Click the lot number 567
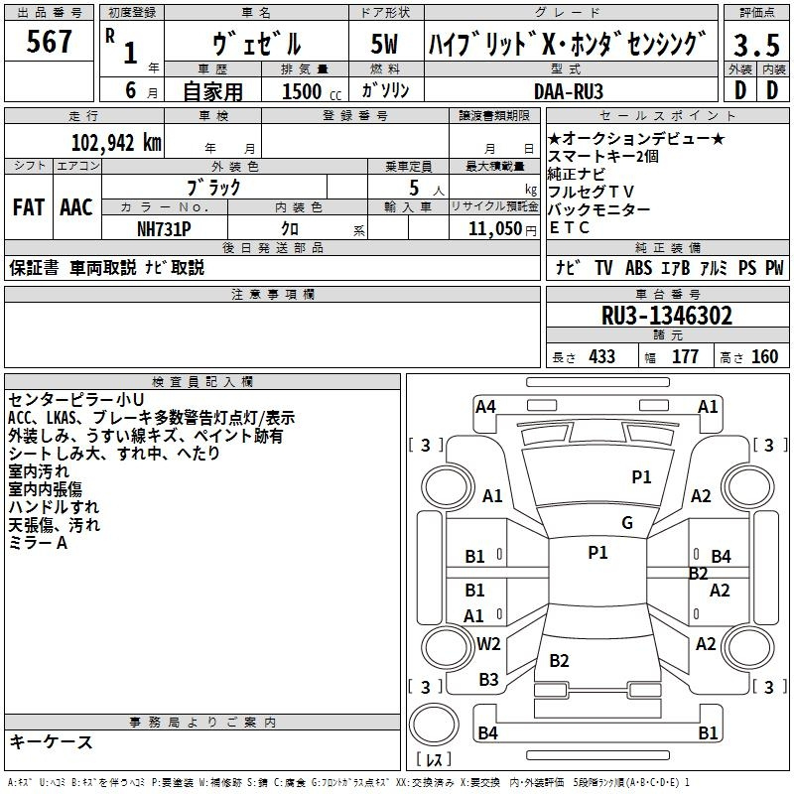50,43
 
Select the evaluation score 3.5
755,45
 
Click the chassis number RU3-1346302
667,316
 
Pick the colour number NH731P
165,227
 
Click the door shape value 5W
384,44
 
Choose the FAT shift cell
29,207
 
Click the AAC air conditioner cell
76,207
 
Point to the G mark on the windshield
627,523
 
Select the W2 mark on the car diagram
488,643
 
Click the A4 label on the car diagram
485,406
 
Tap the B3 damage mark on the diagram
488,680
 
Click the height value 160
764,356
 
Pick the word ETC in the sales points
570,228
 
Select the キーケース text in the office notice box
52,741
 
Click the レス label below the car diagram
433,761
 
